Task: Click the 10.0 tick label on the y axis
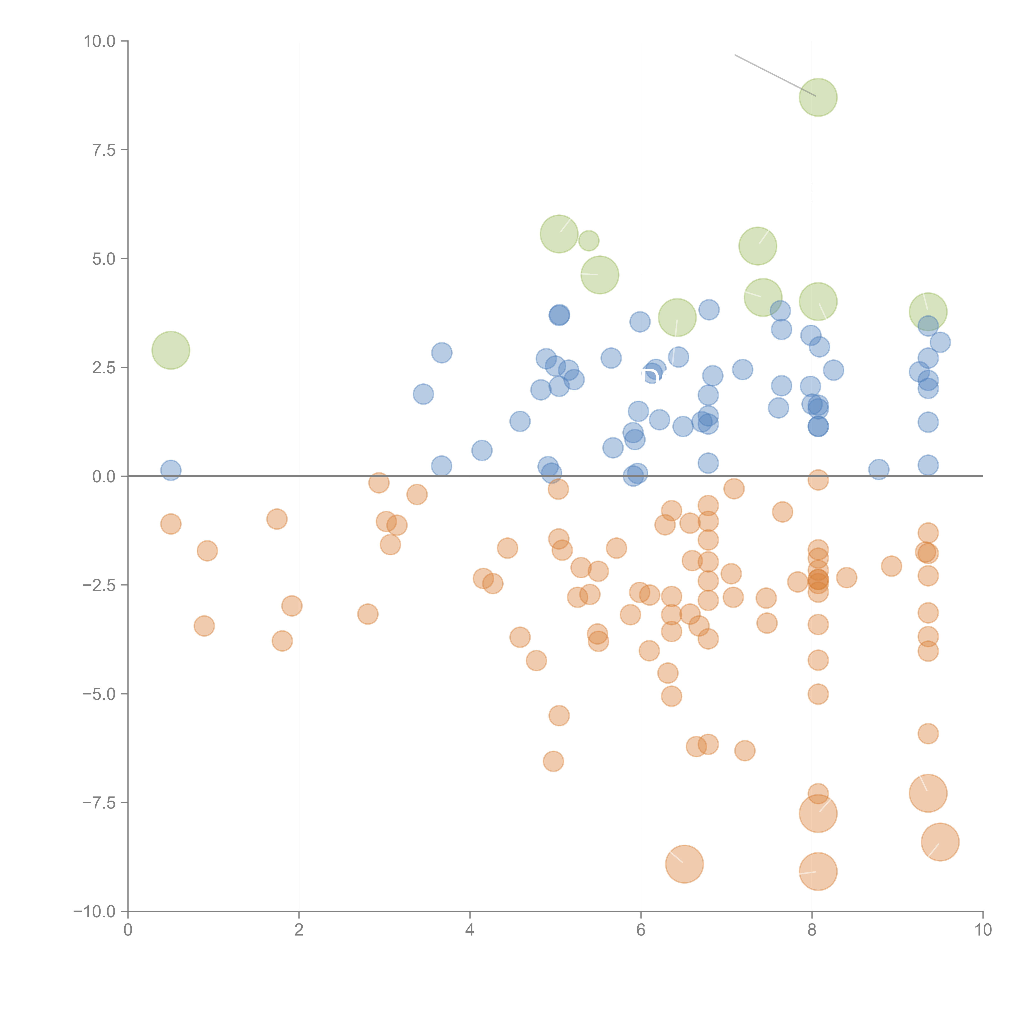pos(99,41)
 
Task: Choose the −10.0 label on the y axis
pos(94,912)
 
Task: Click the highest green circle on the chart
pos(818,97)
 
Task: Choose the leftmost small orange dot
pos(171,524)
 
